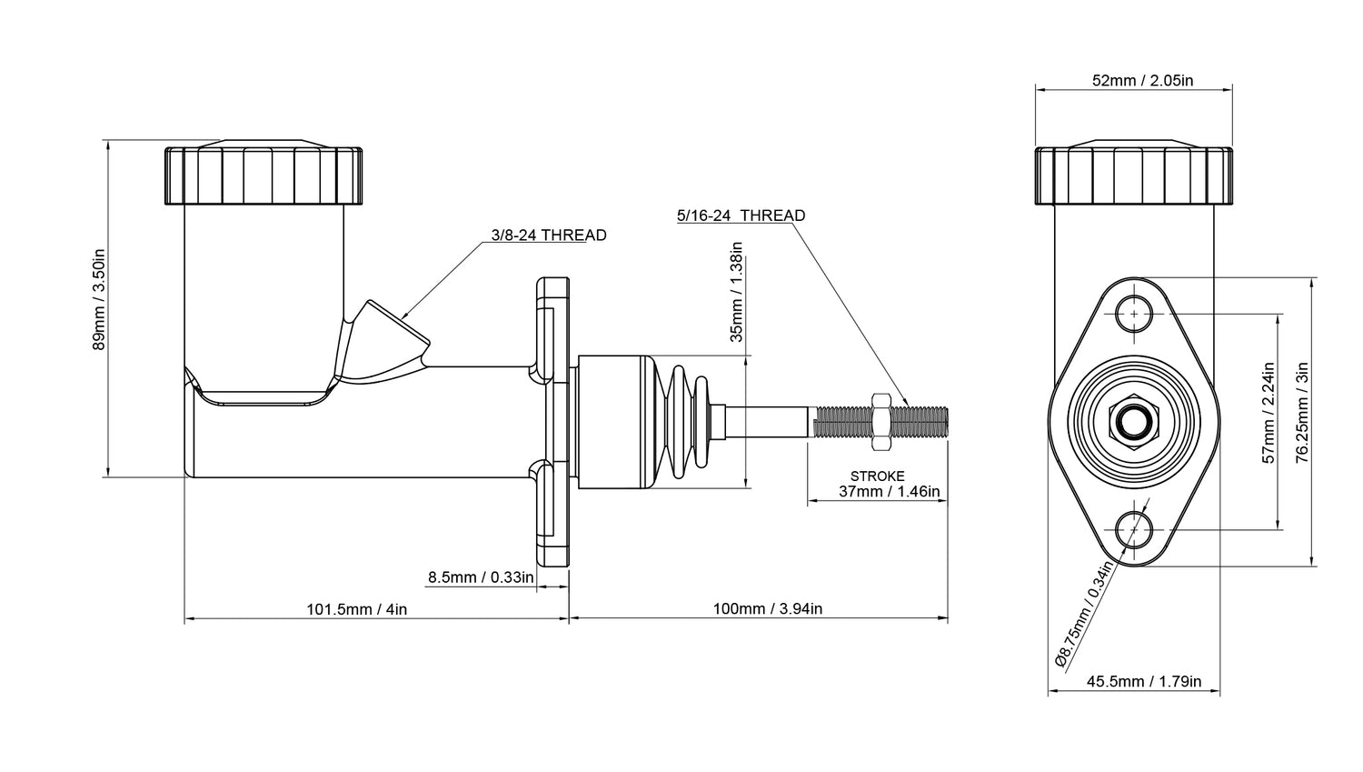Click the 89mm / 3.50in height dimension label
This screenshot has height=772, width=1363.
tap(100, 300)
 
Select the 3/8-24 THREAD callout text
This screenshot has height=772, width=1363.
tap(548, 236)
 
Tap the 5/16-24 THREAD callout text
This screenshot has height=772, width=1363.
tap(741, 216)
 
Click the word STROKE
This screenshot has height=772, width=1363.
tap(877, 476)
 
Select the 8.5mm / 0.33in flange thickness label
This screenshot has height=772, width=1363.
tap(481, 576)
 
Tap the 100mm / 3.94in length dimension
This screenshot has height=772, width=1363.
tap(767, 609)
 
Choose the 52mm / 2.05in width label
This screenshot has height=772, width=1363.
tap(1142, 80)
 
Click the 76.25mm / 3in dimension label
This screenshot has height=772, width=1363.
tap(1302, 412)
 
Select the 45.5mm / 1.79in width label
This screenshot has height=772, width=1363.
tap(1143, 681)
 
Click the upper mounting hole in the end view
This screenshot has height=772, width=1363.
tap(1134, 314)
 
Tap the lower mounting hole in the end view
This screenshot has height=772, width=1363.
tap(1134, 528)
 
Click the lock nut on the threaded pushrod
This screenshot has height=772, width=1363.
tap(880, 421)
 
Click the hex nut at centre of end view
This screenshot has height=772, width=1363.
tap(1134, 422)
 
